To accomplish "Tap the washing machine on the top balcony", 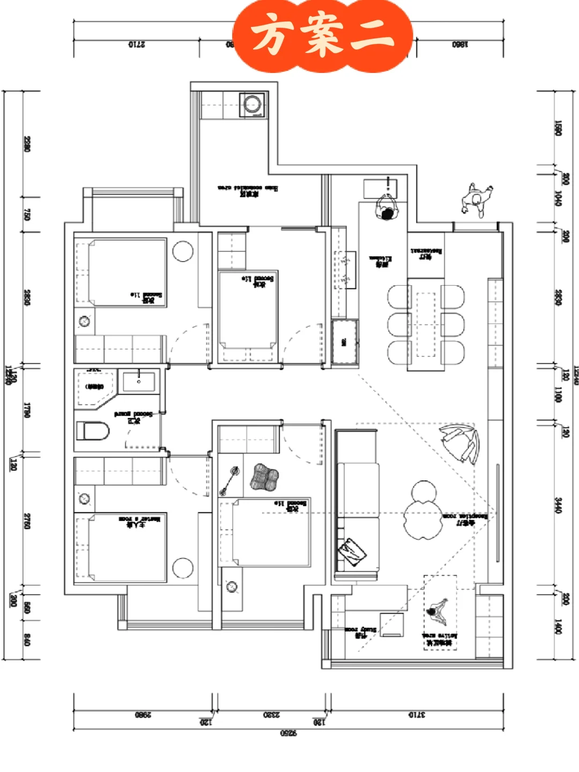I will tap(252, 104).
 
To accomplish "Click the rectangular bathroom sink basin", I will tap(139, 382).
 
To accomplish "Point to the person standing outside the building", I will tap(476, 199).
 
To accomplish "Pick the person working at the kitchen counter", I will tap(386, 208).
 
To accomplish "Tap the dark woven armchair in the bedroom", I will tap(264, 477).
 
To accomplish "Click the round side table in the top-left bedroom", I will tap(183, 251).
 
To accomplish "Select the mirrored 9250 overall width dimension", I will tap(288, 733).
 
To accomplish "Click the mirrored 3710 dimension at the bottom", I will tap(417, 715).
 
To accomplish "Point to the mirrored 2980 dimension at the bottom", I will tap(143, 715).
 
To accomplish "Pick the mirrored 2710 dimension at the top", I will tap(136, 44).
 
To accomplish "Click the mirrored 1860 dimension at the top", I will tap(459, 44).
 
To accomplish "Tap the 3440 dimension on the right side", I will tap(558, 506).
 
